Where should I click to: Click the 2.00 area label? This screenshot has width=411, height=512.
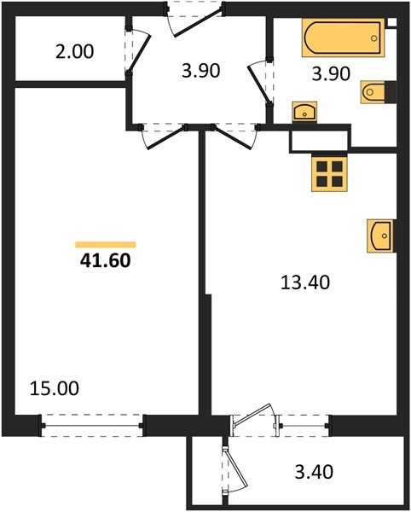tap(74, 51)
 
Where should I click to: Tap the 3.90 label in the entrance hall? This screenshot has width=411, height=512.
tap(202, 72)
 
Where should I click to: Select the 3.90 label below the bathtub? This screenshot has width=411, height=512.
tap(331, 74)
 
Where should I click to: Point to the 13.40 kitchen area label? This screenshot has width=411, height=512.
tap(305, 281)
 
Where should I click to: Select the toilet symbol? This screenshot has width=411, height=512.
tap(375, 92)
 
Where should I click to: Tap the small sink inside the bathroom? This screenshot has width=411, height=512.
tap(304, 111)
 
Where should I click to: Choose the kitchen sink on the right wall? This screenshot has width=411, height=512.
tap(380, 235)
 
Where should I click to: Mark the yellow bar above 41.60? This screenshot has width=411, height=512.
tap(105, 244)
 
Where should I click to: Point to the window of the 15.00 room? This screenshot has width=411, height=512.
tap(93, 422)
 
